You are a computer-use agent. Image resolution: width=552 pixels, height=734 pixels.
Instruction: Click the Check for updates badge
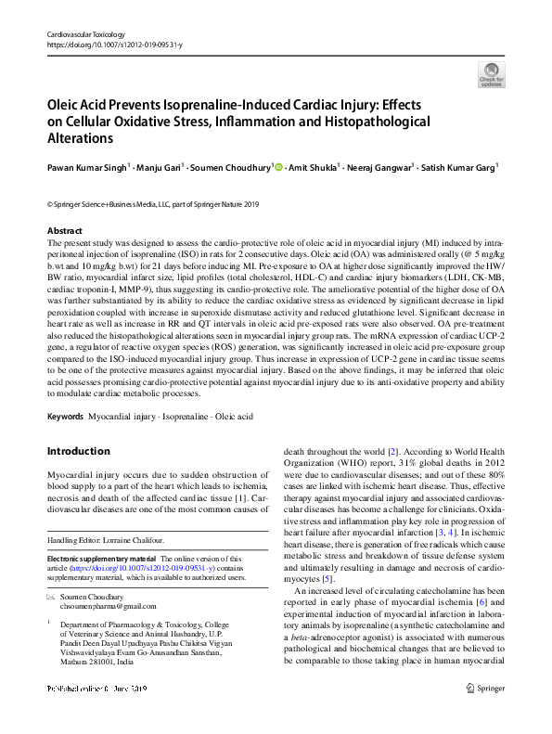pyautogui.click(x=491, y=74)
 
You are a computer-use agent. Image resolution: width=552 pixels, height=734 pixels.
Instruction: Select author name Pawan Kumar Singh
pyautogui.click(x=85, y=168)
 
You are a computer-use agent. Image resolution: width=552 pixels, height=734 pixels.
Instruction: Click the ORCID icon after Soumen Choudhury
pyautogui.click(x=277, y=168)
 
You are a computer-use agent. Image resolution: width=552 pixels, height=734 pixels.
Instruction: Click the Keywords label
pyautogui.click(x=65, y=417)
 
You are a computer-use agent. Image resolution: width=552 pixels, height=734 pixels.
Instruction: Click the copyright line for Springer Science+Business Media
pyautogui.click(x=153, y=204)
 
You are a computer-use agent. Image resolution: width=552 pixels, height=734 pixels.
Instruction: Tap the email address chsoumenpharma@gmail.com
pyautogui.click(x=115, y=604)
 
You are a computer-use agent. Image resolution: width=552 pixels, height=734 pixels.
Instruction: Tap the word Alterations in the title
pyautogui.click(x=80, y=138)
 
